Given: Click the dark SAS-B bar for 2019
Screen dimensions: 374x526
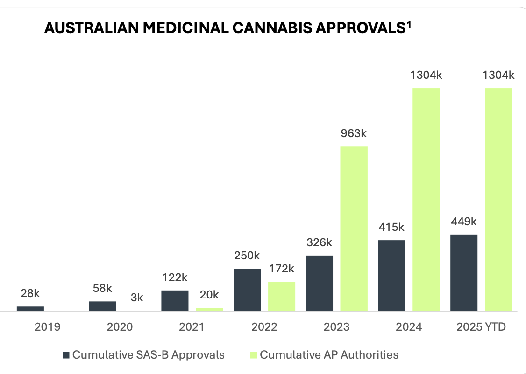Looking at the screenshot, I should [x=30, y=308].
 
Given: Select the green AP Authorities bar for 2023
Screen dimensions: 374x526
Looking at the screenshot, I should [x=354, y=229].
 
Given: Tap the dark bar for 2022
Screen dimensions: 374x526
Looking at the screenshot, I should [x=247, y=290].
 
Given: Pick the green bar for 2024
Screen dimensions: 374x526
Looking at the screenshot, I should [x=426, y=199].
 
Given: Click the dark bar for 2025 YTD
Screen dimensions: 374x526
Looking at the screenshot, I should [x=464, y=272].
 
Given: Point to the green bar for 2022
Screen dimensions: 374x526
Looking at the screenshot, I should [x=282, y=296].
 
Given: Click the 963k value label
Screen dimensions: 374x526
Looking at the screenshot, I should [x=354, y=133].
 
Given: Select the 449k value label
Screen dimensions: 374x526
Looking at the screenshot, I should [x=464, y=221].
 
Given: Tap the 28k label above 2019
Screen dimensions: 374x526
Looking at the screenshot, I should [x=30, y=293].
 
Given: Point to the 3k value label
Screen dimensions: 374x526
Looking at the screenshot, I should [x=137, y=298].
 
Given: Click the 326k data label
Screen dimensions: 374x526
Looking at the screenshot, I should [x=319, y=242].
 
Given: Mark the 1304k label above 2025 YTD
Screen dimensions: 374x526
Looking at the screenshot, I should [x=498, y=75].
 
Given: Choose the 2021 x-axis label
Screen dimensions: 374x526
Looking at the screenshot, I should [x=192, y=326].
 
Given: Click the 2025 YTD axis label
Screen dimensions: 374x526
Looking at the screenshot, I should [x=481, y=326].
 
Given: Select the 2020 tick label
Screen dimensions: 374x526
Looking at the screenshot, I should [x=120, y=326].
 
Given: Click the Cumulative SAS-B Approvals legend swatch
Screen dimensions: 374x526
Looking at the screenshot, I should [x=66, y=355].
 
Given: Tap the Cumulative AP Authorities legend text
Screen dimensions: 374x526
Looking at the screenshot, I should [x=329, y=355].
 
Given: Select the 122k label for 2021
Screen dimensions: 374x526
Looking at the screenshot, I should [x=175, y=277].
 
